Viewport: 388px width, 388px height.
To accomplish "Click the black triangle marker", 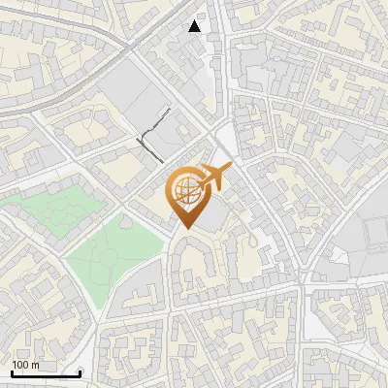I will [x=196, y=26].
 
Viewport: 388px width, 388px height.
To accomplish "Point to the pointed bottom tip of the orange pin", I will [x=184, y=228].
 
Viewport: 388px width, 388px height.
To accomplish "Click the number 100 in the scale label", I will [x=20, y=365].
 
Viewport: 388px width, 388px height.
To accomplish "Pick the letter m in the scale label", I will [x=36, y=365].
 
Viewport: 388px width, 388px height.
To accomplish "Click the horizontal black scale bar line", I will [x=46, y=373].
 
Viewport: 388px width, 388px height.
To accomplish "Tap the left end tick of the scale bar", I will [x=12, y=372].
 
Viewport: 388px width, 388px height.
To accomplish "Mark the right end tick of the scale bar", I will [x=80, y=372].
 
